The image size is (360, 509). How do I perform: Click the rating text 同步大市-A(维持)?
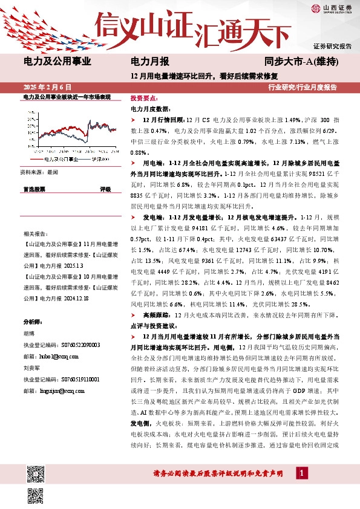301,61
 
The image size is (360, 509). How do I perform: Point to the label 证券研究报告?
332,46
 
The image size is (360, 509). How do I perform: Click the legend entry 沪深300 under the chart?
100,159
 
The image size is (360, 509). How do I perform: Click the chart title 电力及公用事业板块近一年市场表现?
67,97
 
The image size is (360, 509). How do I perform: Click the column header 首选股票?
34,189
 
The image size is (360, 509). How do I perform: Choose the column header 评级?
105,189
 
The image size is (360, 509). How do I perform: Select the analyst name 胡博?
28,332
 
